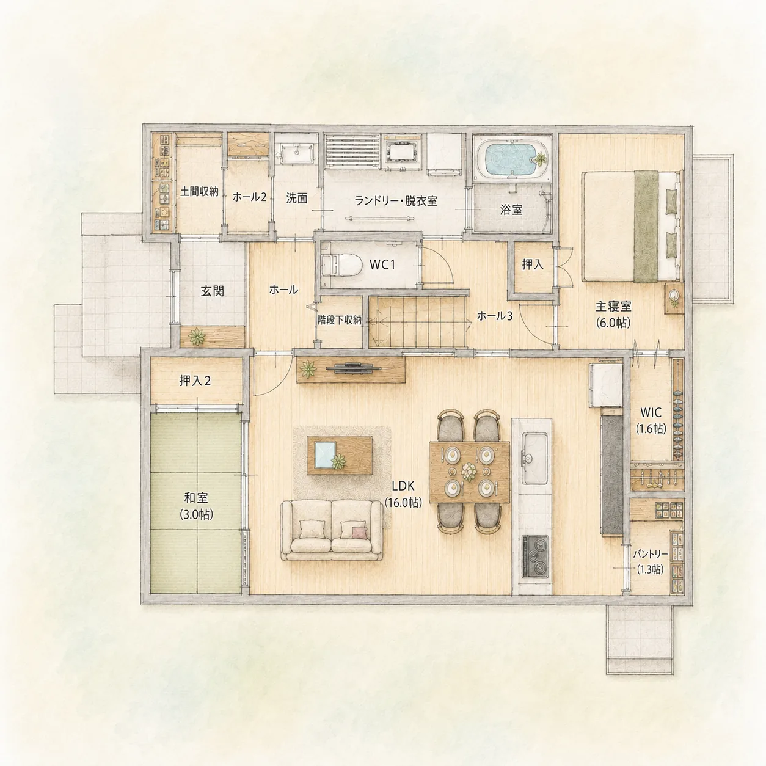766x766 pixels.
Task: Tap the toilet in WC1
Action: pos(341,264)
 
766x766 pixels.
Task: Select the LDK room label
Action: pos(403,486)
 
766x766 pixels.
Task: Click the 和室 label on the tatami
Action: pos(196,498)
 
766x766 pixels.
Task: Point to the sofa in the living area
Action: pos(332,530)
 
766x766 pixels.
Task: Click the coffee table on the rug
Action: pos(340,454)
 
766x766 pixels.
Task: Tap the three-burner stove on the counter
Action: pos(534,556)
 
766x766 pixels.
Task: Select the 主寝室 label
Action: pos(613,307)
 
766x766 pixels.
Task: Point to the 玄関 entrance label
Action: pos(213,291)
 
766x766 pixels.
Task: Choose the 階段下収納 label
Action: pos(339,320)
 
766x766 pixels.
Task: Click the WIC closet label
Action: pos(651,412)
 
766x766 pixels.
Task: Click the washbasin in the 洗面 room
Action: pos(296,153)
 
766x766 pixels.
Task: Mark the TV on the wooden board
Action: pos(354,368)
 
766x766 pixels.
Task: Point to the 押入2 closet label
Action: pos(195,381)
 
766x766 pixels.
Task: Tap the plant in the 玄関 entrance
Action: pos(197,337)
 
